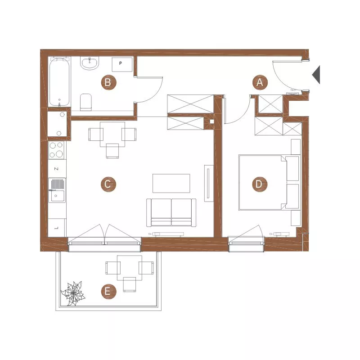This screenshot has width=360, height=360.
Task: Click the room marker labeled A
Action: (x=260, y=82)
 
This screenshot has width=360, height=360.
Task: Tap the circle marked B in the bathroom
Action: (x=108, y=82)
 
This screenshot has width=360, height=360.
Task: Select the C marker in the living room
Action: (x=108, y=184)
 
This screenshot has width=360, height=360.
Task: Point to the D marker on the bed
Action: (x=260, y=184)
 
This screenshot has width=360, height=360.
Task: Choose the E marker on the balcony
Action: (x=108, y=292)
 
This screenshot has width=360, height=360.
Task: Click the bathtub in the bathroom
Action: (x=59, y=82)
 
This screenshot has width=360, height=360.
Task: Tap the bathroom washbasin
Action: (x=90, y=63)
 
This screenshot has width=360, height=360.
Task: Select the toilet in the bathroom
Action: (x=86, y=102)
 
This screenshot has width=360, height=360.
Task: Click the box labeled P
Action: (x=122, y=64)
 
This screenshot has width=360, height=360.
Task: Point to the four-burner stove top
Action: (x=57, y=150)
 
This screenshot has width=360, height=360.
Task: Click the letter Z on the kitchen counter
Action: (x=56, y=169)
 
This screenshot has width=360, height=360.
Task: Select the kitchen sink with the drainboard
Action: (x=57, y=190)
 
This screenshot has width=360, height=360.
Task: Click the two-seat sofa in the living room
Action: (x=171, y=212)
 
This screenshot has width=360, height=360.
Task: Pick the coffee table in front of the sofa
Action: (x=171, y=184)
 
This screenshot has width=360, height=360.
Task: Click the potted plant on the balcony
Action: (x=73, y=293)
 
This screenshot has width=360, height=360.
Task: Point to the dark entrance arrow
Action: (x=317, y=75)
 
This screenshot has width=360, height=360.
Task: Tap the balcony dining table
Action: (x=130, y=268)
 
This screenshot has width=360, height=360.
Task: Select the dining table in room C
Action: (x=112, y=134)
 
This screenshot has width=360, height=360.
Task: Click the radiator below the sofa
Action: (x=166, y=234)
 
